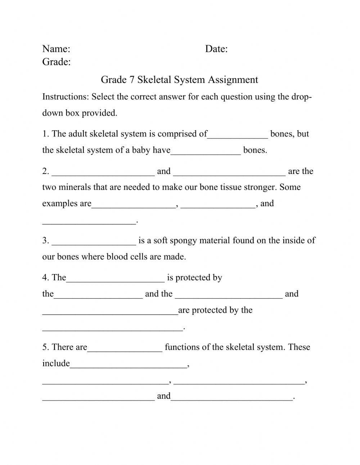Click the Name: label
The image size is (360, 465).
[56, 49]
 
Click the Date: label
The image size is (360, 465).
[216, 49]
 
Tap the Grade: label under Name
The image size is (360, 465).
[57, 62]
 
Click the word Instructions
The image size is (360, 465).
[66, 97]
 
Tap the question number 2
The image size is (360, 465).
[45, 171]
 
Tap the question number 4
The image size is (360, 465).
[45, 278]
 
